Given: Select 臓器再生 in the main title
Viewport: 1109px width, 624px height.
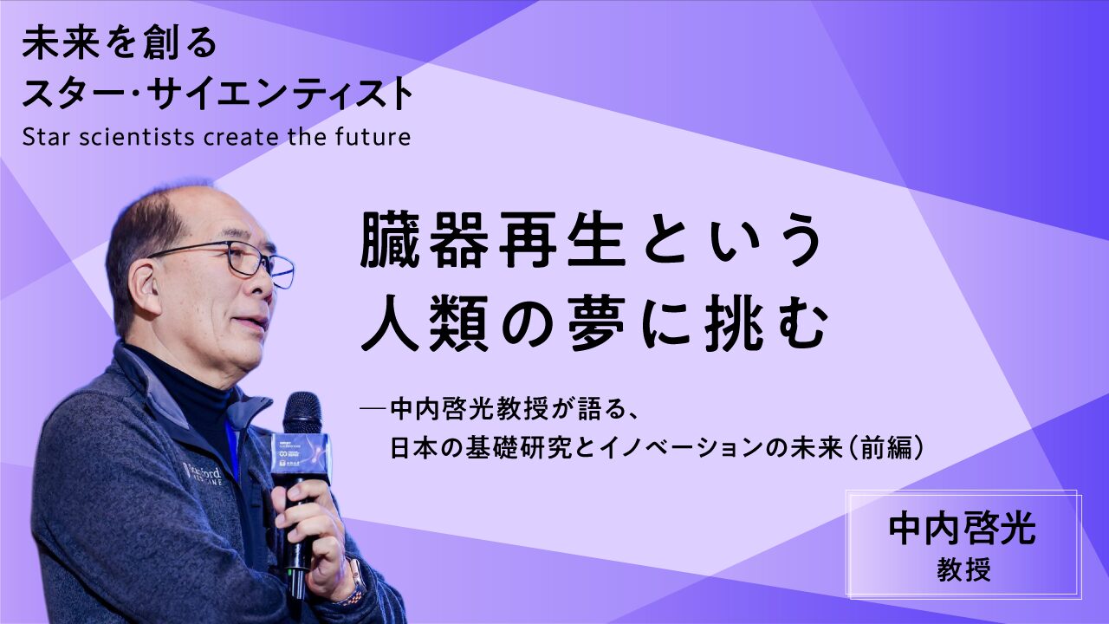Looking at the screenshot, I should click(492, 242).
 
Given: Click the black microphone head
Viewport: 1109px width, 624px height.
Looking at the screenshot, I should click(302, 414).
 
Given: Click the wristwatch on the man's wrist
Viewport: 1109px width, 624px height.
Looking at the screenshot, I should click(351, 582).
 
